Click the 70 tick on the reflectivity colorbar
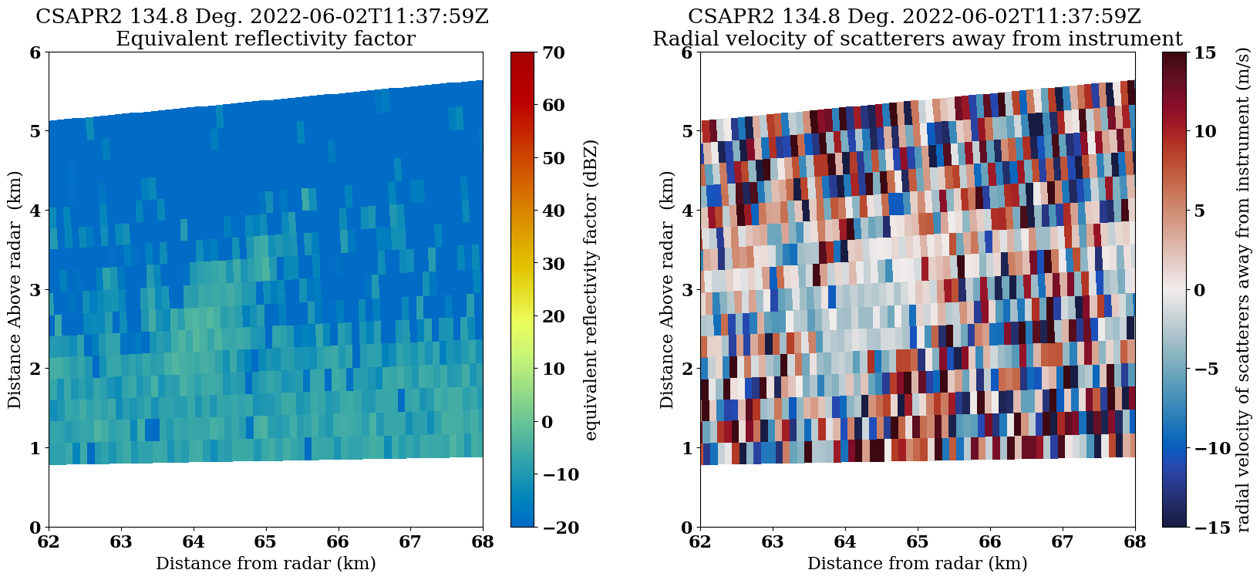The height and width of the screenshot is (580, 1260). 554,52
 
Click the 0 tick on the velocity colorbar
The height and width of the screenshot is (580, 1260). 1199,290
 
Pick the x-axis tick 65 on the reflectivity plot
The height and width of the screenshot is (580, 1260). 266,541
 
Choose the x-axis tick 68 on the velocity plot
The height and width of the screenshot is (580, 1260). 1135,541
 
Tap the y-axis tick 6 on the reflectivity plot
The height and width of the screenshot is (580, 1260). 35,52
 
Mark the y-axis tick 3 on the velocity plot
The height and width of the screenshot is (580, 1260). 686,290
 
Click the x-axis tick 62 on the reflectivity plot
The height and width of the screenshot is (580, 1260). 49,541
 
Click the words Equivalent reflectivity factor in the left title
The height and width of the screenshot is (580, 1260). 265,39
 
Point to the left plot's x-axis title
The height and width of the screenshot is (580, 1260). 266,564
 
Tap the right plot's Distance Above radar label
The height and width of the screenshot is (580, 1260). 667,290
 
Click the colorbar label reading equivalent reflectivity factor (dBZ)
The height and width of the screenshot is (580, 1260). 591,290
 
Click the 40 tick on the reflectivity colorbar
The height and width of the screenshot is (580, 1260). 554,211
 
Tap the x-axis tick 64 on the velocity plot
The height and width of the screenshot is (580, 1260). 845,541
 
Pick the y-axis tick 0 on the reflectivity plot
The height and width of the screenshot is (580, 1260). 35,527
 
